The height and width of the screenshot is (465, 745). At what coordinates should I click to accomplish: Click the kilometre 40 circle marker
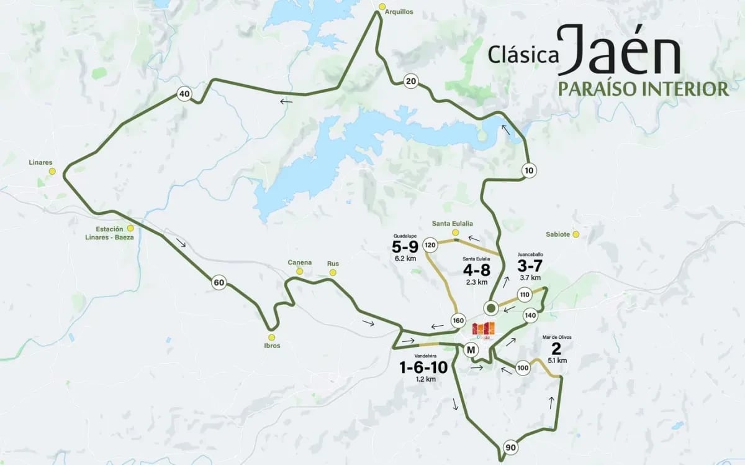coord(183,94)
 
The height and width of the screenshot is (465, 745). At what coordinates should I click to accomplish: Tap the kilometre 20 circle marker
coord(410,81)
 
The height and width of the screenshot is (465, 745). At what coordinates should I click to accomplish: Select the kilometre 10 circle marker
coord(528,170)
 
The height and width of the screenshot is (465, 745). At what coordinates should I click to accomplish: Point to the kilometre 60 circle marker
coord(219,283)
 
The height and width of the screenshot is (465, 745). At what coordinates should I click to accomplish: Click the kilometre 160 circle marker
coord(459,321)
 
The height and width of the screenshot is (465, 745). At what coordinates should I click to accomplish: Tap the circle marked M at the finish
coord(471,350)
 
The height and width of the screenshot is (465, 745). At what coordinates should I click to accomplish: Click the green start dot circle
coord(491,308)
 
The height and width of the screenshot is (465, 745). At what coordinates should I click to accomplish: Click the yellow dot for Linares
coord(52,172)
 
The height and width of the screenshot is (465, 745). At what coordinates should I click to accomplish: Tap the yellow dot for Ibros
coord(272,338)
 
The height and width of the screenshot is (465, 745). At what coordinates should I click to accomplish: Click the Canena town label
coord(299,262)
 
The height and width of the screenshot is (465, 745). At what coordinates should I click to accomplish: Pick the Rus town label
coord(333,263)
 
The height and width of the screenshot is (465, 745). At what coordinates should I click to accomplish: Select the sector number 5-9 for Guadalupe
coord(404,247)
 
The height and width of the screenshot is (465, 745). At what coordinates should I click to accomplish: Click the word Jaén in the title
coord(618,51)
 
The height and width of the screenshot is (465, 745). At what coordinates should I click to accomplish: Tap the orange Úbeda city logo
coord(484,330)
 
